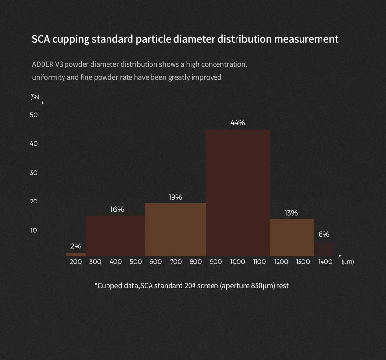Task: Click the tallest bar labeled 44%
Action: [x=237, y=193]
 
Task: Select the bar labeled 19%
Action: [x=175, y=230]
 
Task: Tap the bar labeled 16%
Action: [x=115, y=236]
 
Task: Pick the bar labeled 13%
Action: [x=292, y=237]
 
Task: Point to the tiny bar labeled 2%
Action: [x=76, y=254]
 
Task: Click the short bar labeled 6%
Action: [x=324, y=249]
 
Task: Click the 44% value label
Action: [x=237, y=123]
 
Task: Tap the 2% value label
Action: [x=76, y=246]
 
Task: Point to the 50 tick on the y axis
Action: [x=34, y=115]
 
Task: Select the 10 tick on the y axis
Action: [x=34, y=230]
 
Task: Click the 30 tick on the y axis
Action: [x=34, y=173]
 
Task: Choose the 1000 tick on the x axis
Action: [x=237, y=262]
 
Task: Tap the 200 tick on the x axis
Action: [x=76, y=262]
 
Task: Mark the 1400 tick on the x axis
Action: [x=325, y=262]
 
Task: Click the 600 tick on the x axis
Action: [x=155, y=262]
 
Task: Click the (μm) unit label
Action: [x=348, y=262]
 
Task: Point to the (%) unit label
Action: [x=35, y=97]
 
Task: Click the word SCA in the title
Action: [x=42, y=39]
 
